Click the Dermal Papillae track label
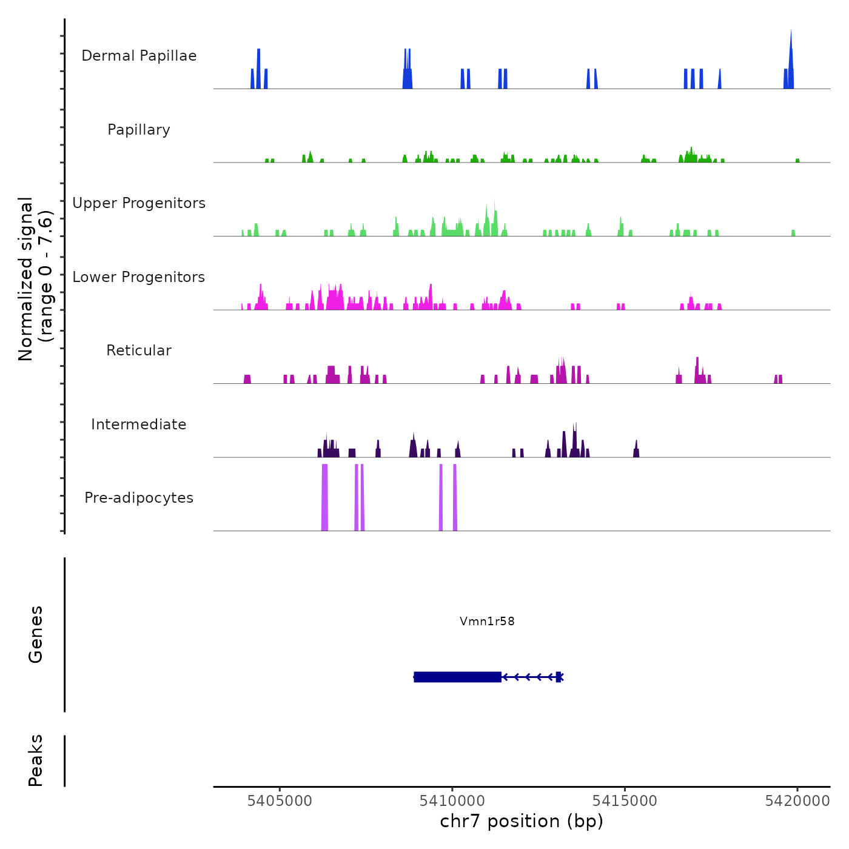point(139,56)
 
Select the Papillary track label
point(139,130)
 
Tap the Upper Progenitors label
point(139,203)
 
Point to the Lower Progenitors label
point(139,277)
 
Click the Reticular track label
point(139,351)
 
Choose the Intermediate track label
point(139,424)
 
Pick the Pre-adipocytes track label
point(139,498)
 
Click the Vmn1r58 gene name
point(487,621)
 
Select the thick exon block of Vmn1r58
point(458,677)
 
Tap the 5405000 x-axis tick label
point(280,801)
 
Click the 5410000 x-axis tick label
point(452,801)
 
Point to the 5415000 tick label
point(625,801)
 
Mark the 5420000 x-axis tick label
point(797,801)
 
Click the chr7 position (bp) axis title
point(522,821)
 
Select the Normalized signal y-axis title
point(35,279)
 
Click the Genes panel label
point(36,634)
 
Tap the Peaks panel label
point(36,760)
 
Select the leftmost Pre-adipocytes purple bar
point(324,497)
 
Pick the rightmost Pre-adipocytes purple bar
point(455,497)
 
